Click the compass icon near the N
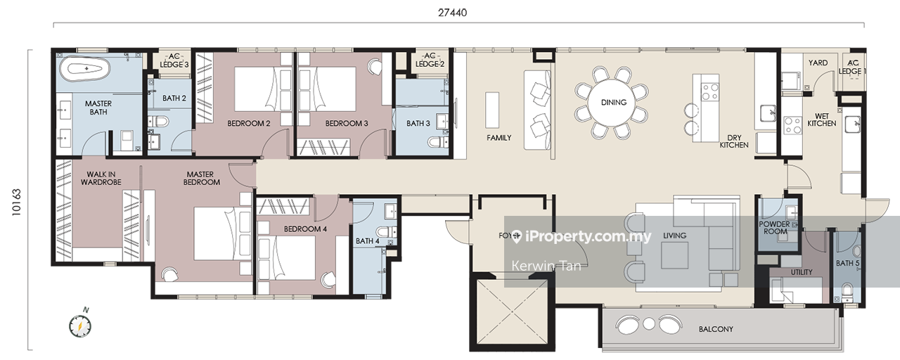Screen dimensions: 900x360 click(80, 326)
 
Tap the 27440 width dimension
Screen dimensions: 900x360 click(452, 13)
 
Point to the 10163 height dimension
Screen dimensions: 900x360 click(16, 202)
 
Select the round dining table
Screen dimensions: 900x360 click(613, 103)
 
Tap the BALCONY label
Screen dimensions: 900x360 click(716, 330)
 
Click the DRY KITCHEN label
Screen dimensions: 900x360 click(734, 141)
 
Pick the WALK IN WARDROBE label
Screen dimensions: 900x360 click(101, 178)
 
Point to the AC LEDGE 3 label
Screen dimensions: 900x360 click(174, 60)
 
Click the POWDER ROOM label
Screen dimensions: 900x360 click(775, 228)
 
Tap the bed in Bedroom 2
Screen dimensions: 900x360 click(262, 89)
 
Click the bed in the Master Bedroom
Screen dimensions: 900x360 click(222, 233)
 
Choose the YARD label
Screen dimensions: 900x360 click(818, 63)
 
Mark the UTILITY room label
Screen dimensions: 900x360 click(802, 272)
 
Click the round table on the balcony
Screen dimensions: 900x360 click(648, 323)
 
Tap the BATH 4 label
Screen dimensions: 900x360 click(367, 241)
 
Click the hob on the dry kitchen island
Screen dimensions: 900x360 click(710, 91)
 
